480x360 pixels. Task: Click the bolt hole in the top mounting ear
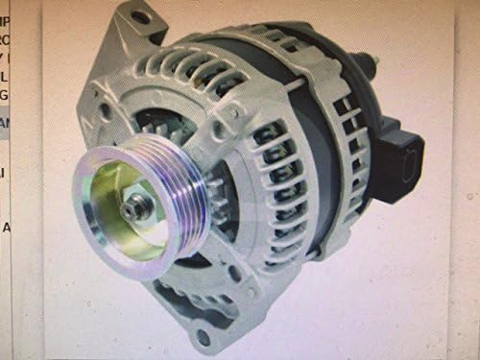pyautogui.click(x=141, y=16)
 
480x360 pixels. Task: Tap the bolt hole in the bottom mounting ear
pyautogui.click(x=203, y=336)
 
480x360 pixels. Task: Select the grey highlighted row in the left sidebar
pyautogui.click(x=5, y=123)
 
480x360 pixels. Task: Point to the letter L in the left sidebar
pyautogui.click(x=4, y=75)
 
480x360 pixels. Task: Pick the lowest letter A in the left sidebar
pyautogui.click(x=6, y=228)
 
